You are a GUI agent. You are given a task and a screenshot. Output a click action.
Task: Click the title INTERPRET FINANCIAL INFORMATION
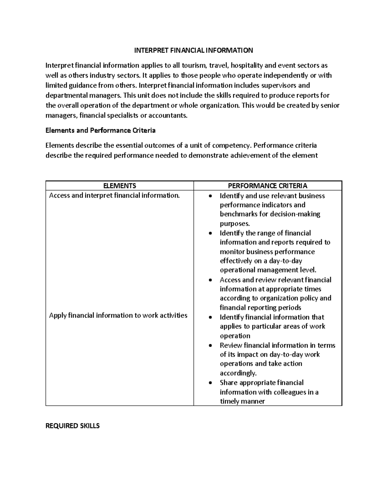pos(193,50)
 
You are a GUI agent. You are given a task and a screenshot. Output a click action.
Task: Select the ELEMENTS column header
pos(119,186)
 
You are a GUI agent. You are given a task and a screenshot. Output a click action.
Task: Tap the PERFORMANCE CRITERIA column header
pos(267,186)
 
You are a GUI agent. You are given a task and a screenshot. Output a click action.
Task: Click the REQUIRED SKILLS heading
pos(73,426)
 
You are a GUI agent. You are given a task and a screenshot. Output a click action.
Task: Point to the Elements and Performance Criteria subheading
pos(100,130)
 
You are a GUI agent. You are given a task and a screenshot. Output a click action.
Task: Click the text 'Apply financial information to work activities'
pos(118,316)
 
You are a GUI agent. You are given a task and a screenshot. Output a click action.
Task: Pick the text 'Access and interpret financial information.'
pos(114,195)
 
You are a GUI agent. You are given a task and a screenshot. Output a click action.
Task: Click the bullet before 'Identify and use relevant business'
pos(211,196)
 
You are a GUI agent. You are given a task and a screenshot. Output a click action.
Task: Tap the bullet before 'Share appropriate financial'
pos(211,383)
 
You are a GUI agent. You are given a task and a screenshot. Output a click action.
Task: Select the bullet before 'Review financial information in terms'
pos(211,346)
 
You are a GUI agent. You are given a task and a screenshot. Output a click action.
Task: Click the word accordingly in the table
pos(238,373)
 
